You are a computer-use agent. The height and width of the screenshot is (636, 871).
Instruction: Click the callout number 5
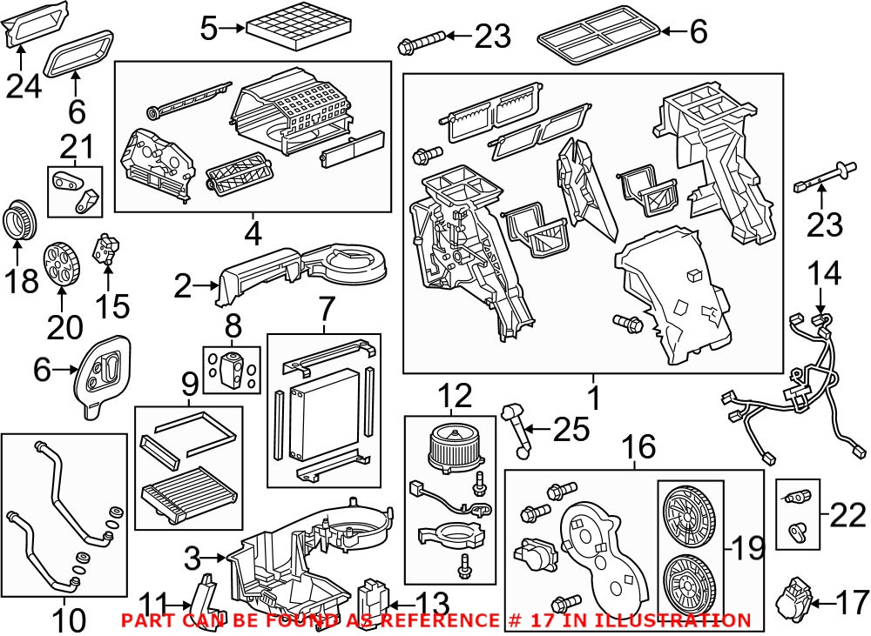pos(207,29)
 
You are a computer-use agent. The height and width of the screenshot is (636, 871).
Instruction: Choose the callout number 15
pos(111,305)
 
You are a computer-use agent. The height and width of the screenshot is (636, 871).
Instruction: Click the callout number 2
pos(182,285)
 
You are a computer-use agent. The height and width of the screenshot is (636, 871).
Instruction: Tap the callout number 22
pos(847,516)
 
